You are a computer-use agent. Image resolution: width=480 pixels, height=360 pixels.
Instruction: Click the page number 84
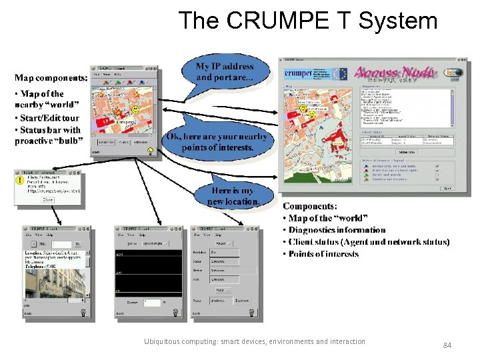click(x=447, y=345)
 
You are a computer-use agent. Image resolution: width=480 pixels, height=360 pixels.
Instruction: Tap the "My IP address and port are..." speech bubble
click(x=225, y=72)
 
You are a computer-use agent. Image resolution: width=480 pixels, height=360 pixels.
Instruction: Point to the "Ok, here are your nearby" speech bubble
click(x=218, y=141)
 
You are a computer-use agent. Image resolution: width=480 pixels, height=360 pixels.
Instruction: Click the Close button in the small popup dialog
click(x=48, y=199)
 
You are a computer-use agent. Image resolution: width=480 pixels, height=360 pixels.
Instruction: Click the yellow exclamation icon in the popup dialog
click(x=19, y=178)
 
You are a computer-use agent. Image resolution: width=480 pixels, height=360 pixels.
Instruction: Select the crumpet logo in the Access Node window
click(x=298, y=73)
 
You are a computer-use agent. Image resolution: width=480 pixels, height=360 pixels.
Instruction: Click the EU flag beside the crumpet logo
click(x=339, y=73)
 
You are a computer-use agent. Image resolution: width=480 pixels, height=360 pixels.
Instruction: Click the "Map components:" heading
click(x=51, y=78)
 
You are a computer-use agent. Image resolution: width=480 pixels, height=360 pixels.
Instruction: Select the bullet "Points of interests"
click(x=323, y=254)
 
